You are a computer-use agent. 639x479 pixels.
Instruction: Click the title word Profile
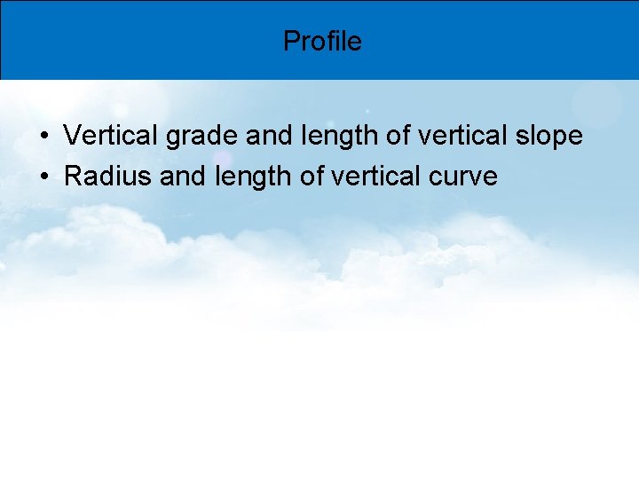tap(322, 41)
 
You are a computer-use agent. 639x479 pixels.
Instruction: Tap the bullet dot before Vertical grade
tap(43, 137)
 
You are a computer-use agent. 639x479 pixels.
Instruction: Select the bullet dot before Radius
tap(43, 177)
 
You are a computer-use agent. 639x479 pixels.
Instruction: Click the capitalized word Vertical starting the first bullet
tap(111, 136)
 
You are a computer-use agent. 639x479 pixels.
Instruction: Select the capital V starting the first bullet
tap(73, 136)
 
